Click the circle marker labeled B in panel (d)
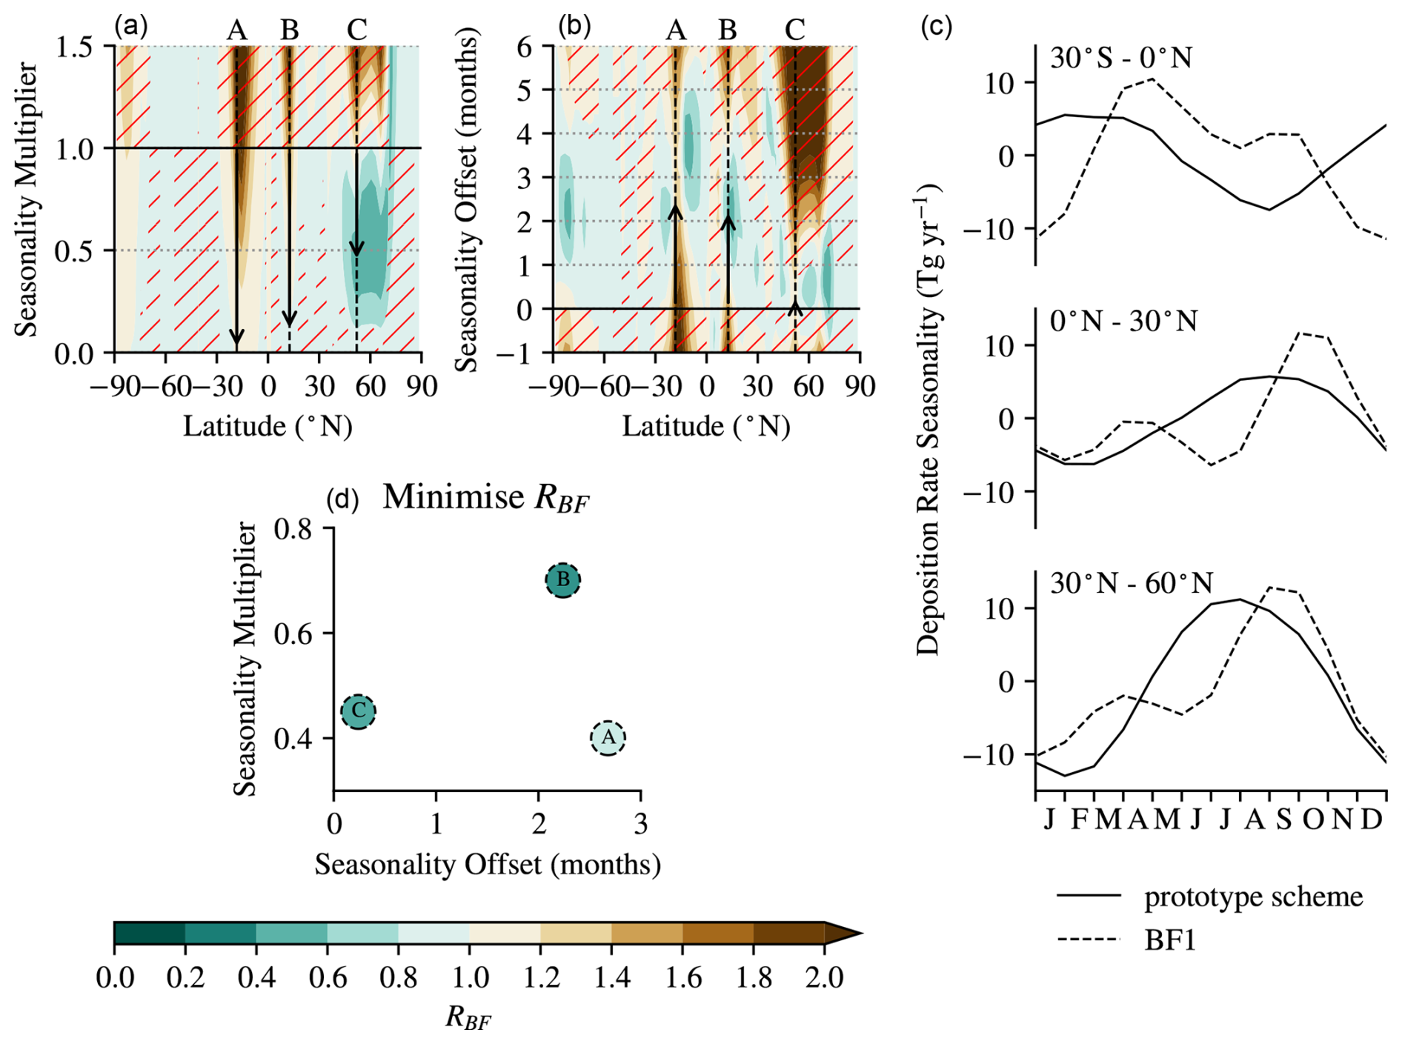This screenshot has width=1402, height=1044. (563, 579)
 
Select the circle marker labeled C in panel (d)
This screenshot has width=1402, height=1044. (359, 711)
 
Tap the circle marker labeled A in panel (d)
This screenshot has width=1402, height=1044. (608, 738)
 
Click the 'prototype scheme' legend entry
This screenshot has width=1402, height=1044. (1252, 897)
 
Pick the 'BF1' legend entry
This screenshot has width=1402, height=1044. (1170, 940)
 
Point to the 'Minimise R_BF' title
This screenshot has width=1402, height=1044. (485, 498)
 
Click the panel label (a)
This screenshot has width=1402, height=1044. (131, 27)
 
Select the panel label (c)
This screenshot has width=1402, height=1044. (936, 27)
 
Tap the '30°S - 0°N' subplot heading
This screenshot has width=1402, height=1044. (1121, 58)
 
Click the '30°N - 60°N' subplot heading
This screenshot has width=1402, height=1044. (1132, 584)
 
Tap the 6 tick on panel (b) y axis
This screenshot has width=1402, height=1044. (524, 47)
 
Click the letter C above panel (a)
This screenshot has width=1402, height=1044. (356, 30)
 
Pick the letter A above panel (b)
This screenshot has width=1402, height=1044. (675, 30)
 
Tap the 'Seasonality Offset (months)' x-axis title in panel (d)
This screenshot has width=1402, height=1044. (488, 865)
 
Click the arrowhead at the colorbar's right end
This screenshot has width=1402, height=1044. (843, 933)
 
